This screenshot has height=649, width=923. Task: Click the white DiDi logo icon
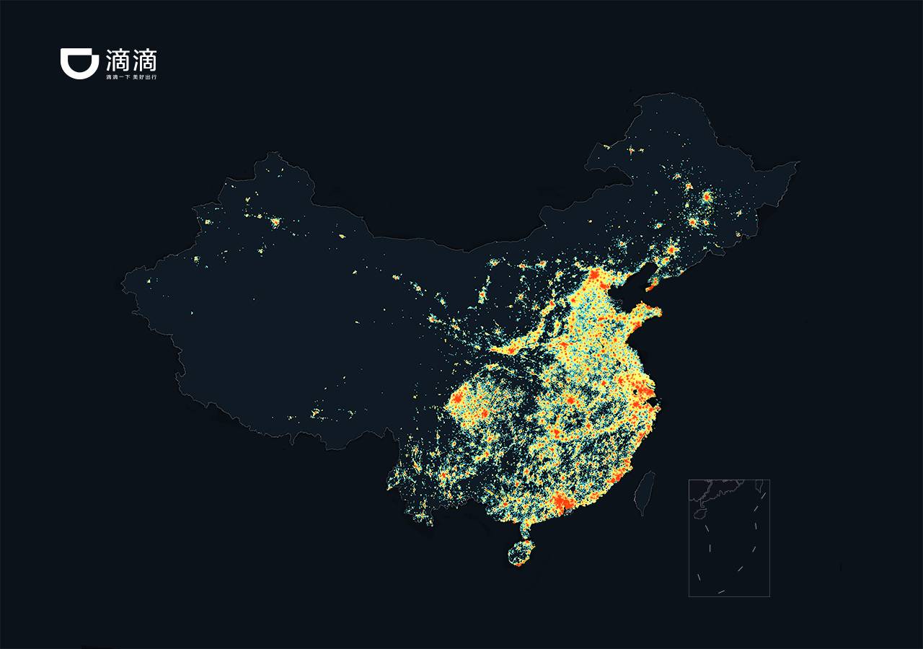(x=79, y=63)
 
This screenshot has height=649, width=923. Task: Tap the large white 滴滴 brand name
(x=131, y=59)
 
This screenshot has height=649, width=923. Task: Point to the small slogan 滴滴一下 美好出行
(x=131, y=76)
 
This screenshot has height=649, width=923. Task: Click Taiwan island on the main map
(x=645, y=493)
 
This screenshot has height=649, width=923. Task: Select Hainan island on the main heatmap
(x=519, y=555)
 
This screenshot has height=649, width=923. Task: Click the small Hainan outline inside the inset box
(x=700, y=515)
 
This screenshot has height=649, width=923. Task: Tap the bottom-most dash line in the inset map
(x=721, y=592)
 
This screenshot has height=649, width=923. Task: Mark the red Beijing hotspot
(x=596, y=276)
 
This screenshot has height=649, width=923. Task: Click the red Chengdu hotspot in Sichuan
(x=457, y=398)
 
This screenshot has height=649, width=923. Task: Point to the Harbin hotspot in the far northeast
(x=707, y=196)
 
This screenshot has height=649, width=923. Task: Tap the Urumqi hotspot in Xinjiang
(x=275, y=221)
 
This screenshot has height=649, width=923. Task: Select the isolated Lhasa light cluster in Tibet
(x=315, y=413)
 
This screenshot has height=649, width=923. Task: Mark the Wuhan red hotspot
(x=570, y=401)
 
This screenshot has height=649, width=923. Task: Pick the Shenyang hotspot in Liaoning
(x=671, y=250)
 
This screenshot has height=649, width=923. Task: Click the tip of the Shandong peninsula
(x=658, y=312)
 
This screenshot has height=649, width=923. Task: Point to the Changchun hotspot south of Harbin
(x=692, y=222)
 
